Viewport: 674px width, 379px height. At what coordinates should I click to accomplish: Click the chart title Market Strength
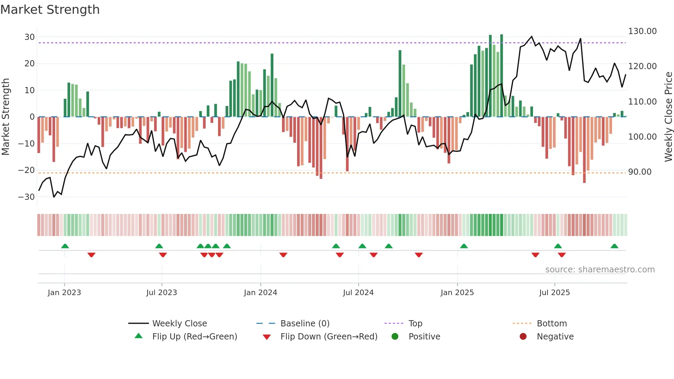point(50,9)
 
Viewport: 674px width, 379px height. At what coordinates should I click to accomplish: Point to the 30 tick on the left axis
point(30,37)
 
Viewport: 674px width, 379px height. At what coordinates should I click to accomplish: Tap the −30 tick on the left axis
point(26,197)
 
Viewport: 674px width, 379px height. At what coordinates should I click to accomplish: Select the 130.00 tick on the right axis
point(642,31)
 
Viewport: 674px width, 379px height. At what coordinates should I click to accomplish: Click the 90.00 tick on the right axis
point(640,172)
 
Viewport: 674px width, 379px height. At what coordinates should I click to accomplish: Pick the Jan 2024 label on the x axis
point(260,293)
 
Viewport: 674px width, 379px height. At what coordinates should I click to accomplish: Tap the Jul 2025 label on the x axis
point(554,293)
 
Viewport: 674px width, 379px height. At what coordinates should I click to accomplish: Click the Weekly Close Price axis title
point(668,117)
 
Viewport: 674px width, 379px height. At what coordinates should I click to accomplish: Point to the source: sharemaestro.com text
point(600,270)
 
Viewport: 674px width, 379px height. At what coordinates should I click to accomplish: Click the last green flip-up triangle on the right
point(614,246)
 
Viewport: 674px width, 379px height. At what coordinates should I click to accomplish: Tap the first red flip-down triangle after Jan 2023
point(91,255)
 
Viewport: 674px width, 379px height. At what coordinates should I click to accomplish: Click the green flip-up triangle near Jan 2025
point(464,246)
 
